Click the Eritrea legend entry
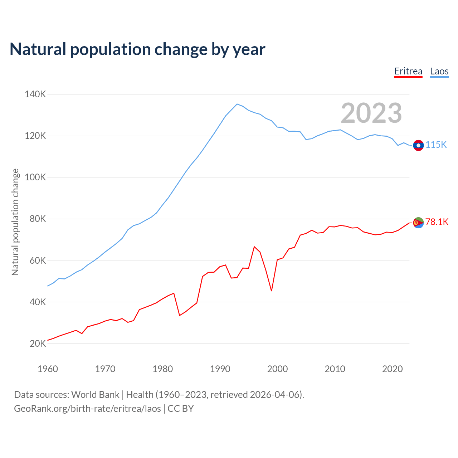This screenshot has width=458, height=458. (408, 71)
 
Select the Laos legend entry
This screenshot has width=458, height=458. (439, 71)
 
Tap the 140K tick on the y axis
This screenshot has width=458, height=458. (35, 94)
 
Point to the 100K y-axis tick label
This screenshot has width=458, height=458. (35, 177)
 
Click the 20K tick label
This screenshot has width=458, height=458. (38, 343)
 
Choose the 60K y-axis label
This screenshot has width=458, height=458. (38, 260)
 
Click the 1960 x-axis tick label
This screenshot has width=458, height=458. (48, 369)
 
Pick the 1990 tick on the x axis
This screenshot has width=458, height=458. (220, 369)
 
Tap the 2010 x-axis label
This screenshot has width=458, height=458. (335, 369)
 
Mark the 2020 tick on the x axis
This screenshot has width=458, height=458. (393, 369)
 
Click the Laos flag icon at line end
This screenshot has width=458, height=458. (418, 145)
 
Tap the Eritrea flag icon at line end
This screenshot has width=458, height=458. (418, 223)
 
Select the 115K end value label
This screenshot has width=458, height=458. (436, 145)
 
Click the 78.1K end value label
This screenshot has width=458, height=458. (437, 222)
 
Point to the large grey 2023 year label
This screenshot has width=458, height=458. (371, 113)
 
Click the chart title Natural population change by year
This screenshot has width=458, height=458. (137, 49)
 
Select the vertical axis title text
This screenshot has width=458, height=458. (15, 222)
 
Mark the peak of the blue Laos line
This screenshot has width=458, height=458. (237, 104)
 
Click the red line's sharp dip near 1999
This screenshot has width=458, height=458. (272, 291)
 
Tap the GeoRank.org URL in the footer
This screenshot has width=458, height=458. (87, 409)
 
